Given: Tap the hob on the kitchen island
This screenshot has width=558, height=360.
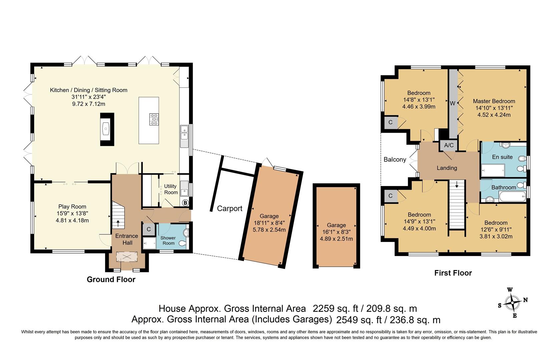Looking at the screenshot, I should tap(154, 119).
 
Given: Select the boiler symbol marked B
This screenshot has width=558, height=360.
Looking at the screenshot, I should tap(186, 203).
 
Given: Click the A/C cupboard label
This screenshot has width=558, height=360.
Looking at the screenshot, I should tap(449, 145).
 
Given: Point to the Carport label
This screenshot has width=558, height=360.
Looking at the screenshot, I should tap(230, 209).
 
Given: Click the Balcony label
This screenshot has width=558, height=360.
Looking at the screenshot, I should tap(395, 160).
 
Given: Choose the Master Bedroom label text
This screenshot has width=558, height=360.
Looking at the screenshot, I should tap(494, 101).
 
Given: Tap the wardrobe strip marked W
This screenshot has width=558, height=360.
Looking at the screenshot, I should tap(452, 103).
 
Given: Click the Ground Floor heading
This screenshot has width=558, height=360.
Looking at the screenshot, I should tap(111, 279).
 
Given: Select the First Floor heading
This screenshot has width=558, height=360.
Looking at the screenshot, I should tap(453, 273).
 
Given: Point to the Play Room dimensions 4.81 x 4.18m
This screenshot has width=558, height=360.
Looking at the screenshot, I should tap(72, 220).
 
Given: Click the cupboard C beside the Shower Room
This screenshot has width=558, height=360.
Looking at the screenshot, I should tap(149, 229).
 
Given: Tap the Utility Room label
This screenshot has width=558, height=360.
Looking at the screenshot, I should tap(171, 189).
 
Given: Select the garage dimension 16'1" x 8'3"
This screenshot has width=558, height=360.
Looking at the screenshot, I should tap(336, 232).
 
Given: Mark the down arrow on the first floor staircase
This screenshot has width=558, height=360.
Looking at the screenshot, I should tap(457, 184).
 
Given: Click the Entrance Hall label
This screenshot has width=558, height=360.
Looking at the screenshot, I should tap(127, 239).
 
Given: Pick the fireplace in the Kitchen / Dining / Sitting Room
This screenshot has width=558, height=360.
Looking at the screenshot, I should tap(107, 129).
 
